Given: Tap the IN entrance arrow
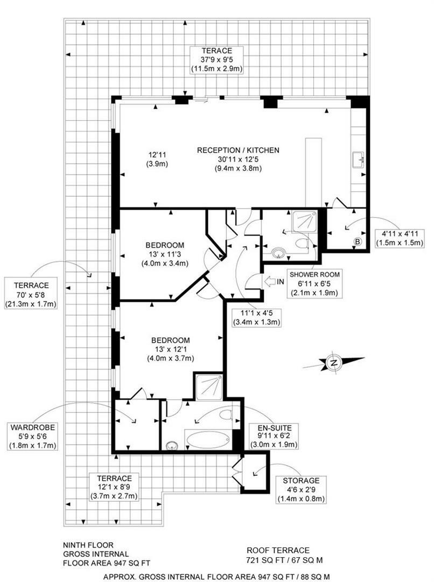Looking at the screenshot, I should click(270, 281).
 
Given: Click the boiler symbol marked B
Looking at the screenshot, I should click(357, 242).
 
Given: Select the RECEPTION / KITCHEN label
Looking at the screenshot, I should click(237, 150).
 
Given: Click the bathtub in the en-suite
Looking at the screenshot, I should click(209, 438).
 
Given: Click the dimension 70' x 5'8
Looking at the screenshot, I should click(32, 295).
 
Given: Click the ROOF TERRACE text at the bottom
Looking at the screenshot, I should click(278, 550).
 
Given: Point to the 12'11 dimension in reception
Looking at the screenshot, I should click(158, 155).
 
